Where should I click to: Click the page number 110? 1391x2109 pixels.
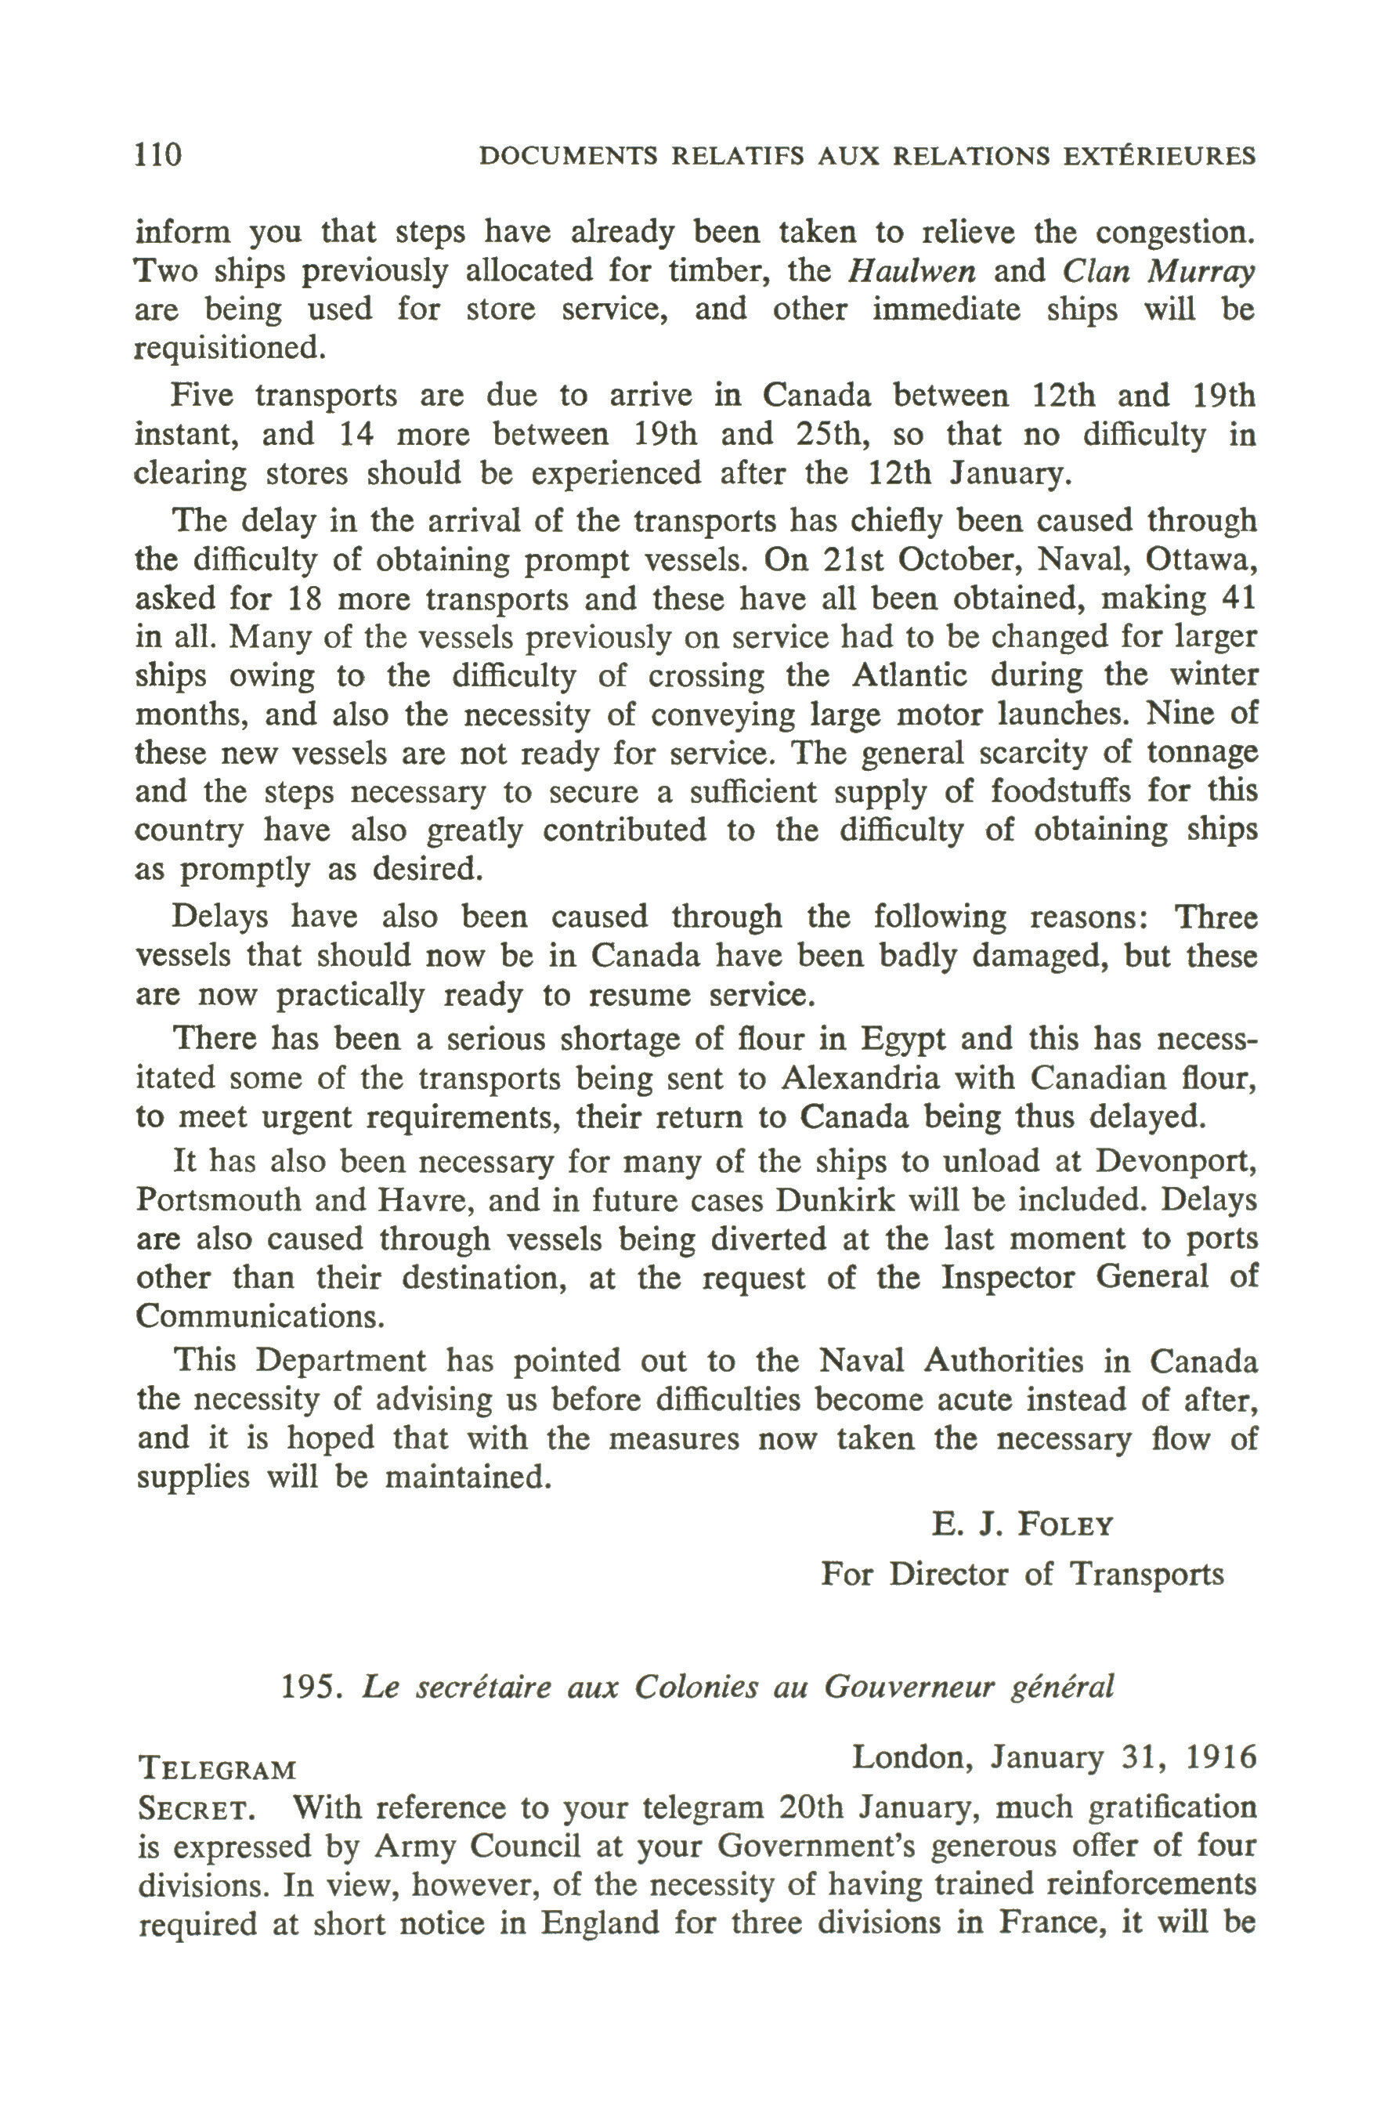(x=158, y=154)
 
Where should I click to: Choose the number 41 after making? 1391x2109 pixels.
(x=1237, y=598)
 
